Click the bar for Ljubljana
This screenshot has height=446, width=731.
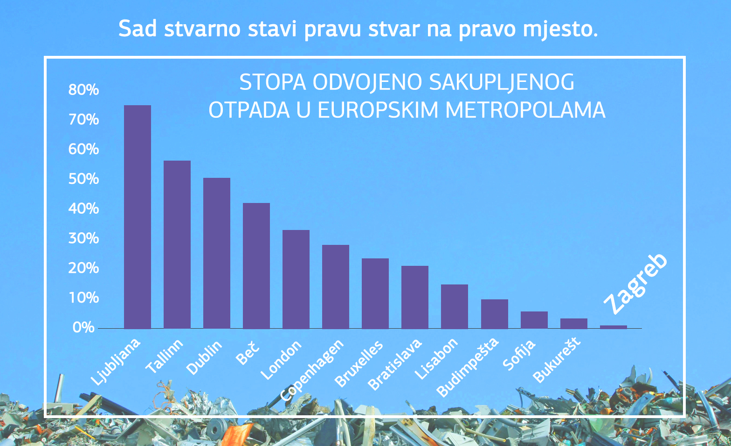[138, 217]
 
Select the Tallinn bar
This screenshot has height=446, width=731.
[177, 245]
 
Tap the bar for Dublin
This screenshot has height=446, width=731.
[217, 253]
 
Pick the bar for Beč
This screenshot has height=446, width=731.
[256, 266]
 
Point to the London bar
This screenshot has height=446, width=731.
[296, 279]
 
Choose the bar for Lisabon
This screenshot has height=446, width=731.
[455, 306]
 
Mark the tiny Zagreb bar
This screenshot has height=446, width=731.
[614, 327]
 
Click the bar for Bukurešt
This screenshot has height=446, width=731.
[574, 324]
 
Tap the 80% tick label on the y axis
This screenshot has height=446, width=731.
[83, 89]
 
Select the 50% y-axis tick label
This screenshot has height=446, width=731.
[83, 179]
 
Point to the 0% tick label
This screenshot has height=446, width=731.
[83, 327]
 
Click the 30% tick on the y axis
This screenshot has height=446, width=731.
[83, 238]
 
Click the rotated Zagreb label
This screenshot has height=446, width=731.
[635, 284]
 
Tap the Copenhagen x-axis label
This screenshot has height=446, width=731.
[312, 371]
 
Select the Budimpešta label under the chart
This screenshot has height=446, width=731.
[468, 367]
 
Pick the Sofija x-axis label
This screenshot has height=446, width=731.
[519, 355]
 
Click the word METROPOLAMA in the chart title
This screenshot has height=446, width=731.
[525, 110]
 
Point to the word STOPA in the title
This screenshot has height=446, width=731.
[273, 82]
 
